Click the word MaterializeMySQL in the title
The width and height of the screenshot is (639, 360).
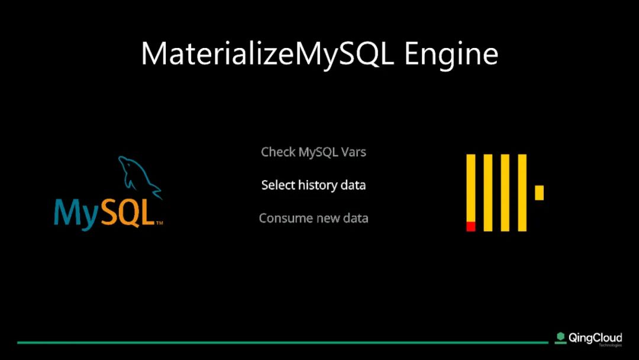tap(268, 54)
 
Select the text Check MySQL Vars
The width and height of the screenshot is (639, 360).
tap(314, 152)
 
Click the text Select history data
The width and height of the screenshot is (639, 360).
tap(314, 185)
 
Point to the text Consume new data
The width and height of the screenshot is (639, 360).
tap(314, 218)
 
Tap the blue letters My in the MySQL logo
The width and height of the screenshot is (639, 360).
tap(76, 213)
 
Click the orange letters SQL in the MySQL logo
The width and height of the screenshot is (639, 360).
tap(128, 212)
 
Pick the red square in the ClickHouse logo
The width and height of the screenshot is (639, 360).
tap(471, 226)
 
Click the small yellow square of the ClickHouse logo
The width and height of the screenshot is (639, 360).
tap(539, 193)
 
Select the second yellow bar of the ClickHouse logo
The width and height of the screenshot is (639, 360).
tap(488, 193)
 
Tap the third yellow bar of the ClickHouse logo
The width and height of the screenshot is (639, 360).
tap(505, 193)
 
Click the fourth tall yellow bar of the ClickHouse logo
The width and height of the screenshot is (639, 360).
tap(522, 193)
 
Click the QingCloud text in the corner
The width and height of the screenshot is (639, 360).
tap(595, 338)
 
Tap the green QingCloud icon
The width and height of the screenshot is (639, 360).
tap(561, 337)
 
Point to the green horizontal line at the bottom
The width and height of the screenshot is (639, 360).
tap(283, 342)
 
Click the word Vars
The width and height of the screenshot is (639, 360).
tap(354, 152)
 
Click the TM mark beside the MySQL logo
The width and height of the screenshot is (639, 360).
tap(159, 223)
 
